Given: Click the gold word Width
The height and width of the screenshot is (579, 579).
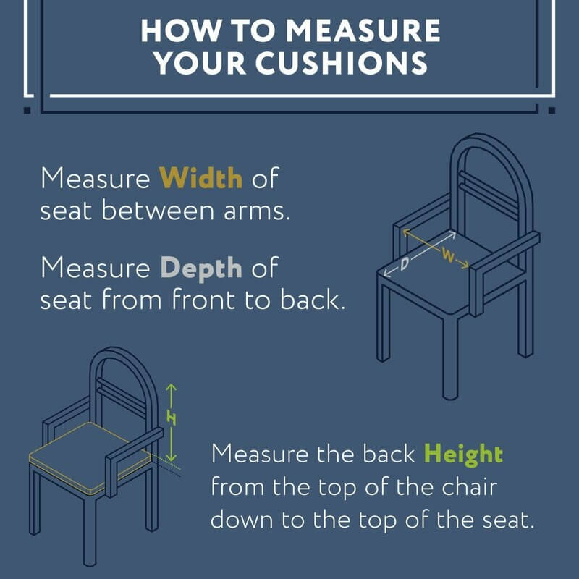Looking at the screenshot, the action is tap(201, 178).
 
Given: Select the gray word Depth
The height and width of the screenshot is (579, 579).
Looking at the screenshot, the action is tap(201, 269).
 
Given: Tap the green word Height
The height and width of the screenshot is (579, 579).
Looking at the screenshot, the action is tap(463, 455).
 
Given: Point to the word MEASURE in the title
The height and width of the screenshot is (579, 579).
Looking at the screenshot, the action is tap(363, 30).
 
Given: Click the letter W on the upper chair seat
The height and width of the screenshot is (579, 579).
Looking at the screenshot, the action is tap(447, 255).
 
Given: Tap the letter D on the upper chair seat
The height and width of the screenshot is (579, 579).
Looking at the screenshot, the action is tap(405, 263).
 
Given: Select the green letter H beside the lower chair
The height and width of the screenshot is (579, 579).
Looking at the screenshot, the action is tap(172, 418).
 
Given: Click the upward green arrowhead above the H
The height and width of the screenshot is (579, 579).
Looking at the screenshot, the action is tap(171, 387).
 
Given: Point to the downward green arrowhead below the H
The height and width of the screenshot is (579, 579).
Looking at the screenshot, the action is tap(171, 457).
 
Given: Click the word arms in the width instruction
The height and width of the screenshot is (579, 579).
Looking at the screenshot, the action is tap(257, 211).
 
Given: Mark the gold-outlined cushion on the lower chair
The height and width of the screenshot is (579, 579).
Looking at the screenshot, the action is tap(90, 458).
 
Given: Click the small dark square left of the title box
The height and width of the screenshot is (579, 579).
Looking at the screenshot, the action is tap(28, 110).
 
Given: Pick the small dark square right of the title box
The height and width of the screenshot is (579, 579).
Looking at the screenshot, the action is tap(551, 110).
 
